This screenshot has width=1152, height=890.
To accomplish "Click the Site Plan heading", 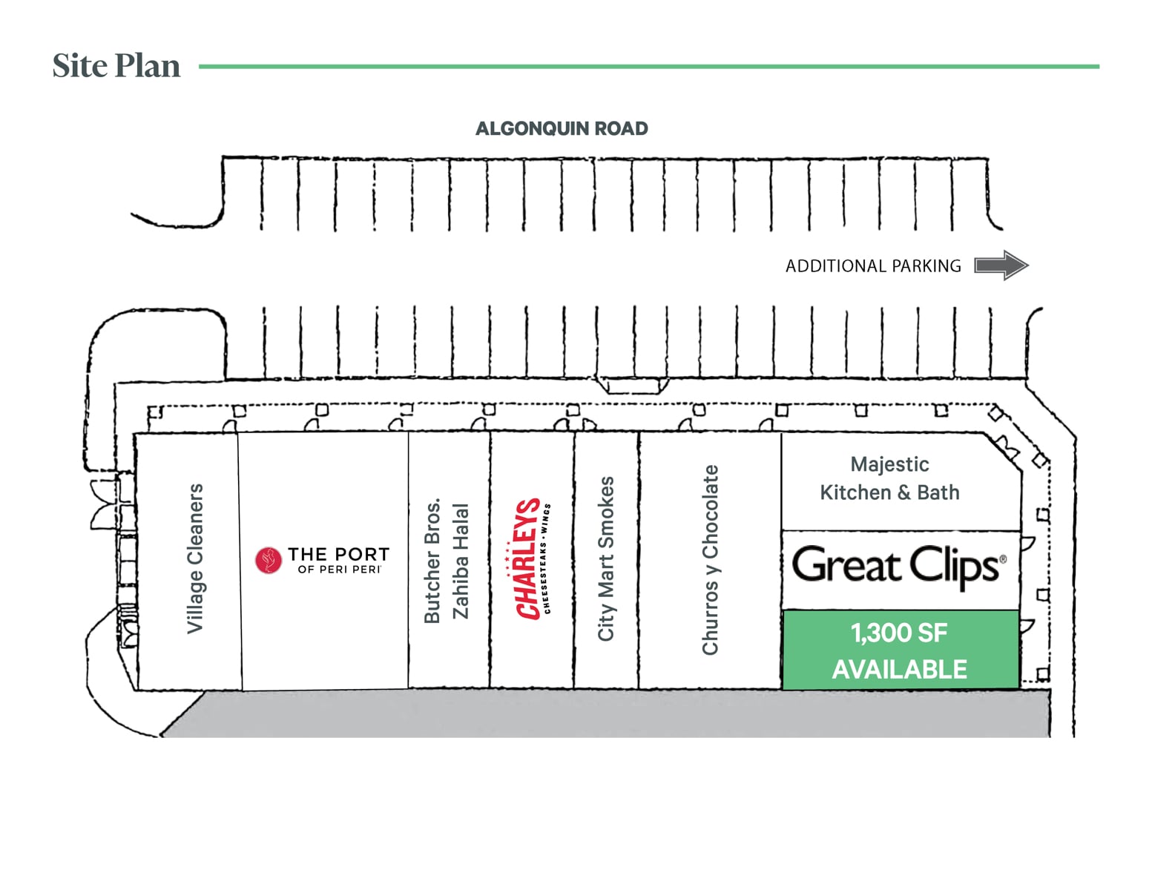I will pos(116,66).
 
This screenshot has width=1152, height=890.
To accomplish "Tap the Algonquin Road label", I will pos(562,129).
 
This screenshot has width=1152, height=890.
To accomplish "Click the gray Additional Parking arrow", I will pos(1001,266).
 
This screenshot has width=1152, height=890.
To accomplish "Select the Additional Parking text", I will pos(873,266).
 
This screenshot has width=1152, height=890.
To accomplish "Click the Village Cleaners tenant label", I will pos(195,558).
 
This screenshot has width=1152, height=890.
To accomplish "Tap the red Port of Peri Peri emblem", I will pos(269,561).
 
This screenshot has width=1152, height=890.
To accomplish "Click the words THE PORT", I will pos(339,554).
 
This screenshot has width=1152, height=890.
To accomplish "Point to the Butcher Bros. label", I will pos(432,561).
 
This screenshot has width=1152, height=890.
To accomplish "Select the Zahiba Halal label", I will pos(461,561).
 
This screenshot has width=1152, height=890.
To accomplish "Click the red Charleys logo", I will pos(530,558).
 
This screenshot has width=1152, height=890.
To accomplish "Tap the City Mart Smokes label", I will pos(607,558).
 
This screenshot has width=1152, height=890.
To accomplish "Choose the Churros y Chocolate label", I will pos(711,560).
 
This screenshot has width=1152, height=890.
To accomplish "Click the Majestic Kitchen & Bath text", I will pos(889,478).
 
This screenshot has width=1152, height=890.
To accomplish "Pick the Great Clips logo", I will pos(899,567).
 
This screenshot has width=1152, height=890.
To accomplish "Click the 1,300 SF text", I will pos(898,633).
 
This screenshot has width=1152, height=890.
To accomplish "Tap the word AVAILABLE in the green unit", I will pos(899,670).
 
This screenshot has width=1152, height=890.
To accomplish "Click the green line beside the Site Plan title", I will pos(648,67).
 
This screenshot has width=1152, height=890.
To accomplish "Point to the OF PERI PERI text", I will pos(339,570).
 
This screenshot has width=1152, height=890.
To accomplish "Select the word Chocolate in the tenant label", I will pos(711,512).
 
